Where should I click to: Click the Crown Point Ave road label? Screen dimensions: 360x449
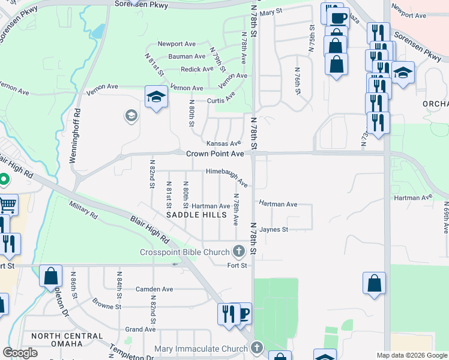(x=215, y=154)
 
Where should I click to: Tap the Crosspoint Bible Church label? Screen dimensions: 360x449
(x=186, y=251)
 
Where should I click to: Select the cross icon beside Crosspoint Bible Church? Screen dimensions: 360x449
(x=239, y=251)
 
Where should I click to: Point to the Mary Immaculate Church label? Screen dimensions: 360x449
(x=200, y=349)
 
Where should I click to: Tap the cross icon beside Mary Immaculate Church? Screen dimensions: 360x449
(x=257, y=347)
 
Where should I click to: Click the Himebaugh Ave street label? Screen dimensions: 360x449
(x=227, y=175)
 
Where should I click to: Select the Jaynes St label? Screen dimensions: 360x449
(x=274, y=229)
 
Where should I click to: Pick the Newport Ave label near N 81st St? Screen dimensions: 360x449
(x=177, y=44)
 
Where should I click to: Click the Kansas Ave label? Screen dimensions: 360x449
(x=223, y=144)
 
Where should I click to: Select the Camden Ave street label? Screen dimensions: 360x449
(x=154, y=289)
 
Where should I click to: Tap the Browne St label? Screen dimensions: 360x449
(x=107, y=307)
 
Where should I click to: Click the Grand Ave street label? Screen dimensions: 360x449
(x=140, y=329)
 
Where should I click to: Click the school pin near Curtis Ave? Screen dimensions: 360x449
(x=155, y=97)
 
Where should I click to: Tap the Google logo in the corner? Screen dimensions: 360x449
(x=20, y=353)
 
